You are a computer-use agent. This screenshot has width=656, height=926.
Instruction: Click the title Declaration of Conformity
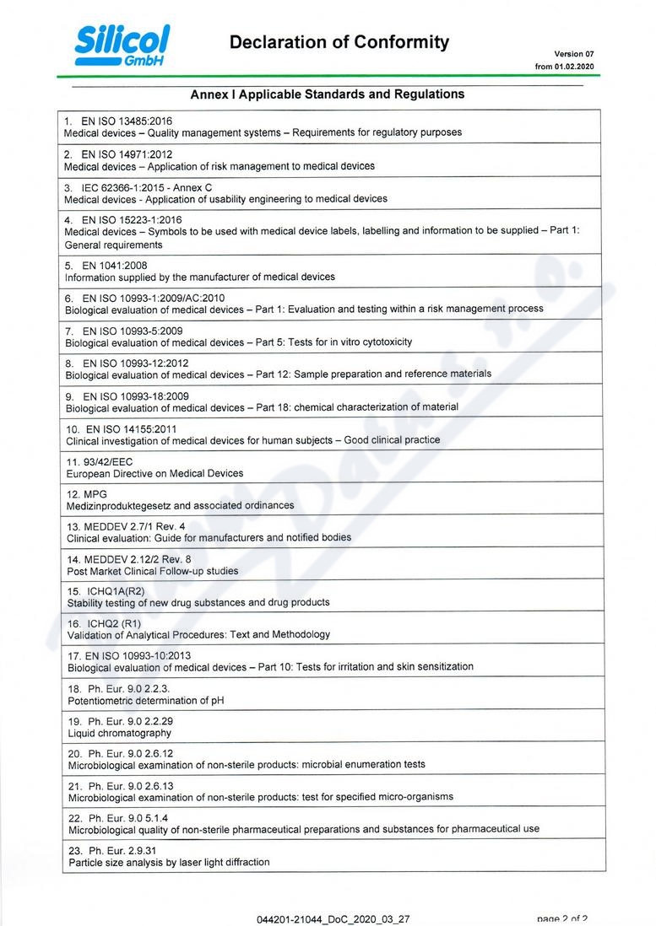click(x=339, y=42)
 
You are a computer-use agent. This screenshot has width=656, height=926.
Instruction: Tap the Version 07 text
click(x=574, y=54)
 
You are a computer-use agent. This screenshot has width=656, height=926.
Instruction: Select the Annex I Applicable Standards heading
click(x=327, y=94)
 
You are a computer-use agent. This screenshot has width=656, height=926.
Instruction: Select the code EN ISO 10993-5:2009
click(x=132, y=331)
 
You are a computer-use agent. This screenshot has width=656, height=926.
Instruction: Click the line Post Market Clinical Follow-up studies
click(x=153, y=571)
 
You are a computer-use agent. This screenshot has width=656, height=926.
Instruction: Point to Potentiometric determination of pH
click(x=146, y=701)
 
